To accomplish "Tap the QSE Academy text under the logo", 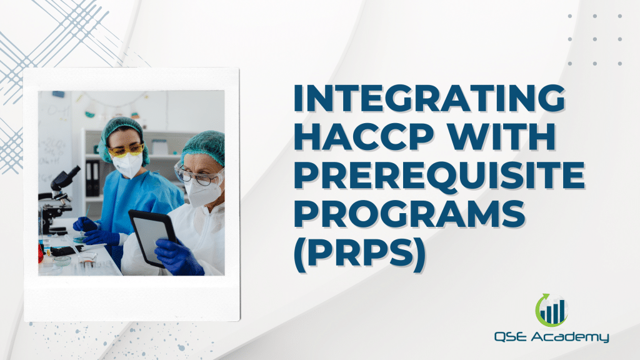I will tap(551, 337).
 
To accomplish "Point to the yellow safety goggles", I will tap(125, 150).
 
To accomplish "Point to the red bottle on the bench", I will tap(41, 252).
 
